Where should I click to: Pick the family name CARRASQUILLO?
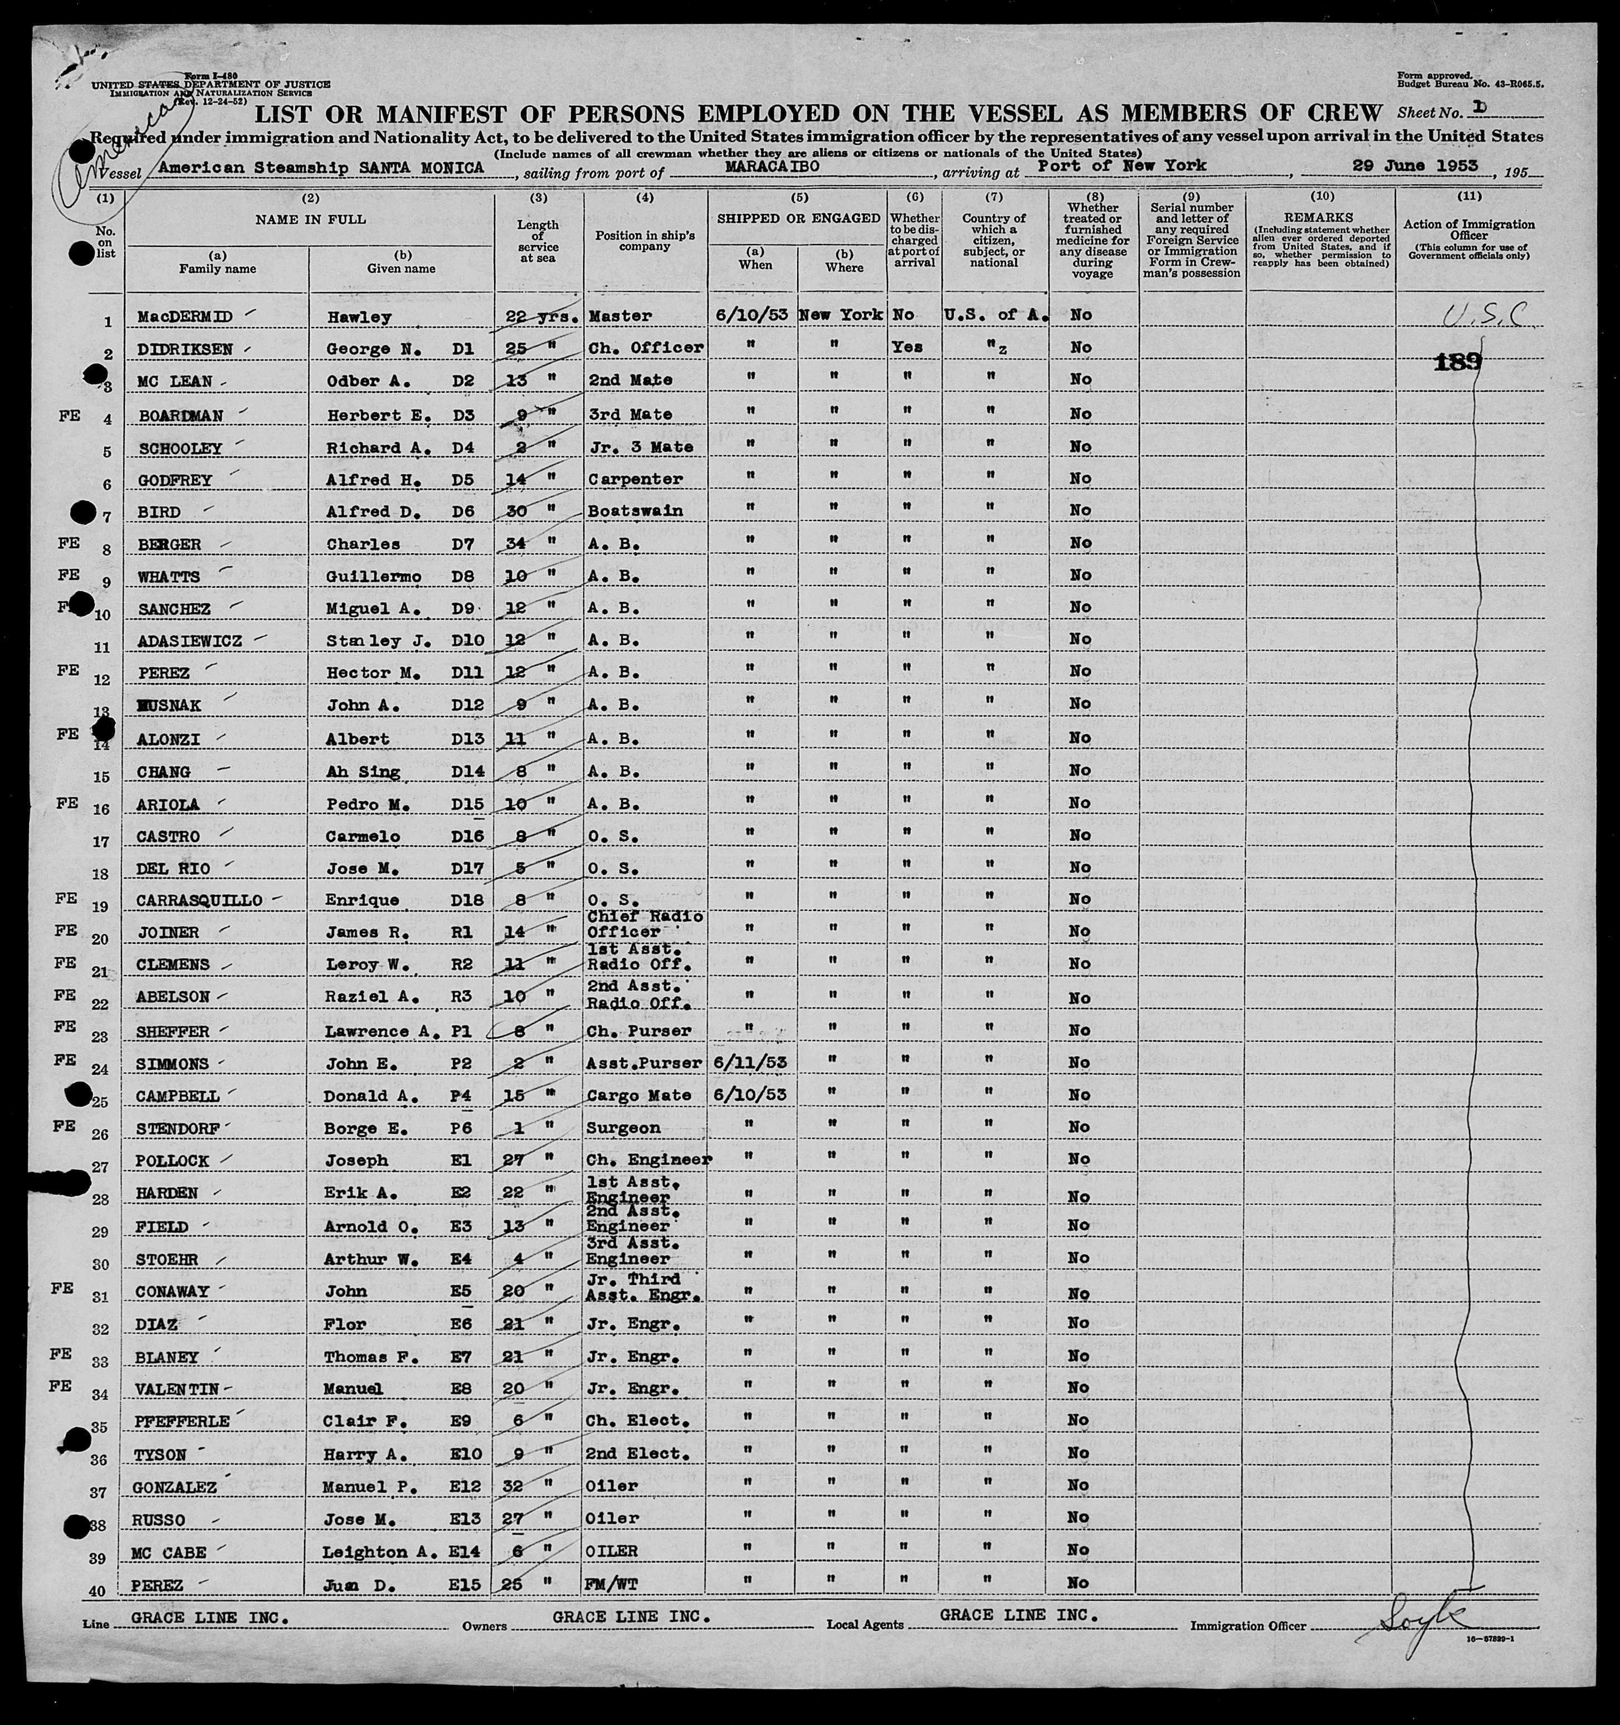click(199, 901)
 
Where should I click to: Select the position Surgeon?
click(624, 1128)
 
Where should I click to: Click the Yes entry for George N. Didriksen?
click(907, 347)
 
